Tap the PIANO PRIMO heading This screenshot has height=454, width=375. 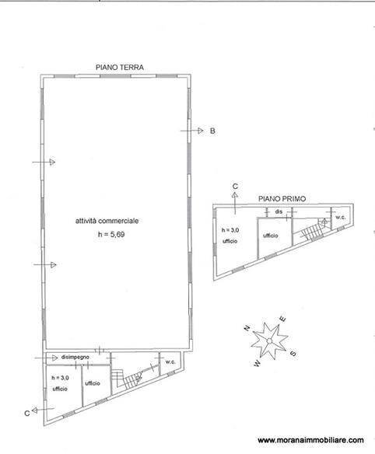pos(282,199)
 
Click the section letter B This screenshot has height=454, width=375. pos(212,131)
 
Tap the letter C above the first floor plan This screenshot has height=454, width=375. pos(234,187)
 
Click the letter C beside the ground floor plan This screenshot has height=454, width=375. pos(27,412)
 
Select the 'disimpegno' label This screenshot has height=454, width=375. pos(75,356)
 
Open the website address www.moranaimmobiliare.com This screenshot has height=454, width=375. pos(310,439)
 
